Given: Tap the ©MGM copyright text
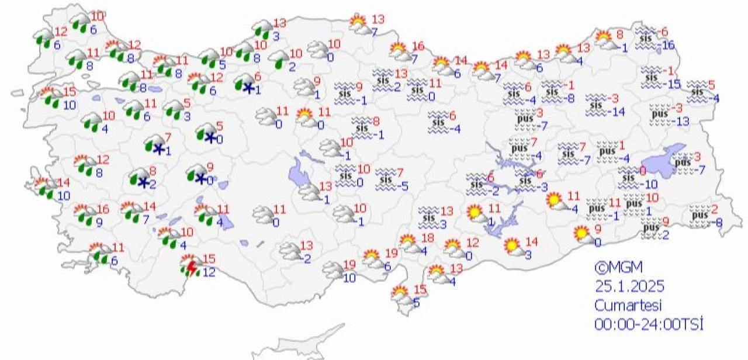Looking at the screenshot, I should (x=618, y=268).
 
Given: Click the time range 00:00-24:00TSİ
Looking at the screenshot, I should (x=649, y=323).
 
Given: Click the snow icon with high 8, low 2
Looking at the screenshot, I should (x=140, y=179).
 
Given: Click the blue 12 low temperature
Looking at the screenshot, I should (x=208, y=272).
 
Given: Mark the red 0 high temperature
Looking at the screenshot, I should (x=642, y=171).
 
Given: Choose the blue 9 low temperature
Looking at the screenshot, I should (x=99, y=221).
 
